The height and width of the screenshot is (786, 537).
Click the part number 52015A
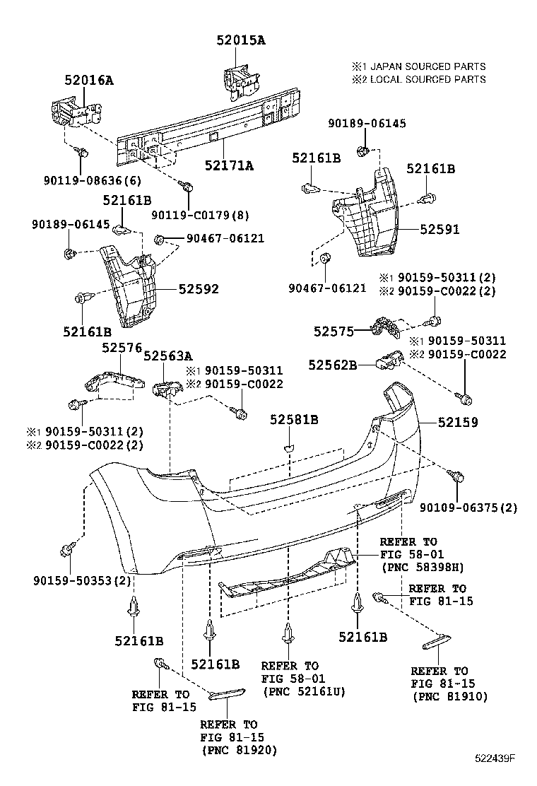(x=241, y=40)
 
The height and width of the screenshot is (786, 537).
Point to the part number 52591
(x=439, y=229)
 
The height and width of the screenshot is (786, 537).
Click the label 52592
(x=199, y=289)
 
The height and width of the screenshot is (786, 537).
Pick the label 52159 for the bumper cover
(x=457, y=422)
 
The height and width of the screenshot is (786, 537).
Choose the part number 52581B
(x=294, y=420)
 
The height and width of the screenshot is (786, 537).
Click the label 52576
(x=122, y=348)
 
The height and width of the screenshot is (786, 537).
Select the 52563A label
(x=168, y=356)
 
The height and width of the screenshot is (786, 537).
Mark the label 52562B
(x=331, y=365)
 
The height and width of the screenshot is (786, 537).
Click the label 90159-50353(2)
(x=83, y=580)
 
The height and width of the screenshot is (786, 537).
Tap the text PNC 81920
(x=239, y=750)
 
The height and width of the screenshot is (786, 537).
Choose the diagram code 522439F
(x=495, y=759)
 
